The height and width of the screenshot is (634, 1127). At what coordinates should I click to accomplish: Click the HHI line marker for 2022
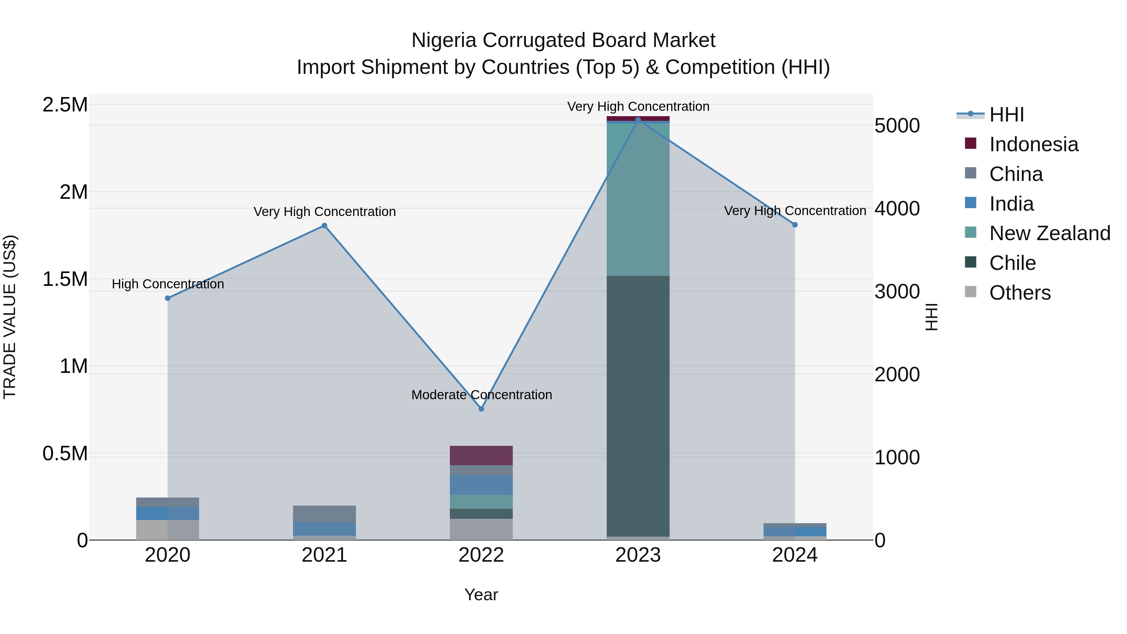pos(481,409)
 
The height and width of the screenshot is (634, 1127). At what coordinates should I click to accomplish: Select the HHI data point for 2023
pos(638,120)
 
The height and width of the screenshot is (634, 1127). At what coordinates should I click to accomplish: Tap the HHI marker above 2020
pos(167,298)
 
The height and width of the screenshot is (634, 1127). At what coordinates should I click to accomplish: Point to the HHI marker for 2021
pos(324,226)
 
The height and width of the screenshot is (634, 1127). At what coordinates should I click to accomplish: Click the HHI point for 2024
pos(795,225)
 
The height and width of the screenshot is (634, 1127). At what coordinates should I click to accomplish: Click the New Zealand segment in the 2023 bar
pos(638,199)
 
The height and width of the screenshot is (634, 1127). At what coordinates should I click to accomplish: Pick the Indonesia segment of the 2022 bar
pos(481,456)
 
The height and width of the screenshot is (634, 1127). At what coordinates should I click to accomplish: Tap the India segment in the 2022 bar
pos(481,485)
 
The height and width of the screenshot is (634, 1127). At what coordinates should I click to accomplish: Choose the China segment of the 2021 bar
pos(324,514)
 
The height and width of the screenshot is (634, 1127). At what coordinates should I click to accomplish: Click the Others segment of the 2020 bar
pos(167,530)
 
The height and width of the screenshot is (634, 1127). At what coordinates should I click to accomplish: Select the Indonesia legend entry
pos(1033,144)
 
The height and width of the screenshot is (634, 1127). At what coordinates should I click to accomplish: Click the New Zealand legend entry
pos(1050,233)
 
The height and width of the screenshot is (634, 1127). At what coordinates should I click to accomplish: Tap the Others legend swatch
pos(970,292)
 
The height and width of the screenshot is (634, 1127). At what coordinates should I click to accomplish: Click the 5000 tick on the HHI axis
pos(897,126)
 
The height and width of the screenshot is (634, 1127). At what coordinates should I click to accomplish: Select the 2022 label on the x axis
pos(481,555)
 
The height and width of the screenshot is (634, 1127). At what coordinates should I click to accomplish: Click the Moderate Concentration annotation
pos(481,395)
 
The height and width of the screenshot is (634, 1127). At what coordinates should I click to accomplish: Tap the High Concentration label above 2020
pos(167,284)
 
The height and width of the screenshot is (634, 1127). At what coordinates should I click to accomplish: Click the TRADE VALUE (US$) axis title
pos(10,317)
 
